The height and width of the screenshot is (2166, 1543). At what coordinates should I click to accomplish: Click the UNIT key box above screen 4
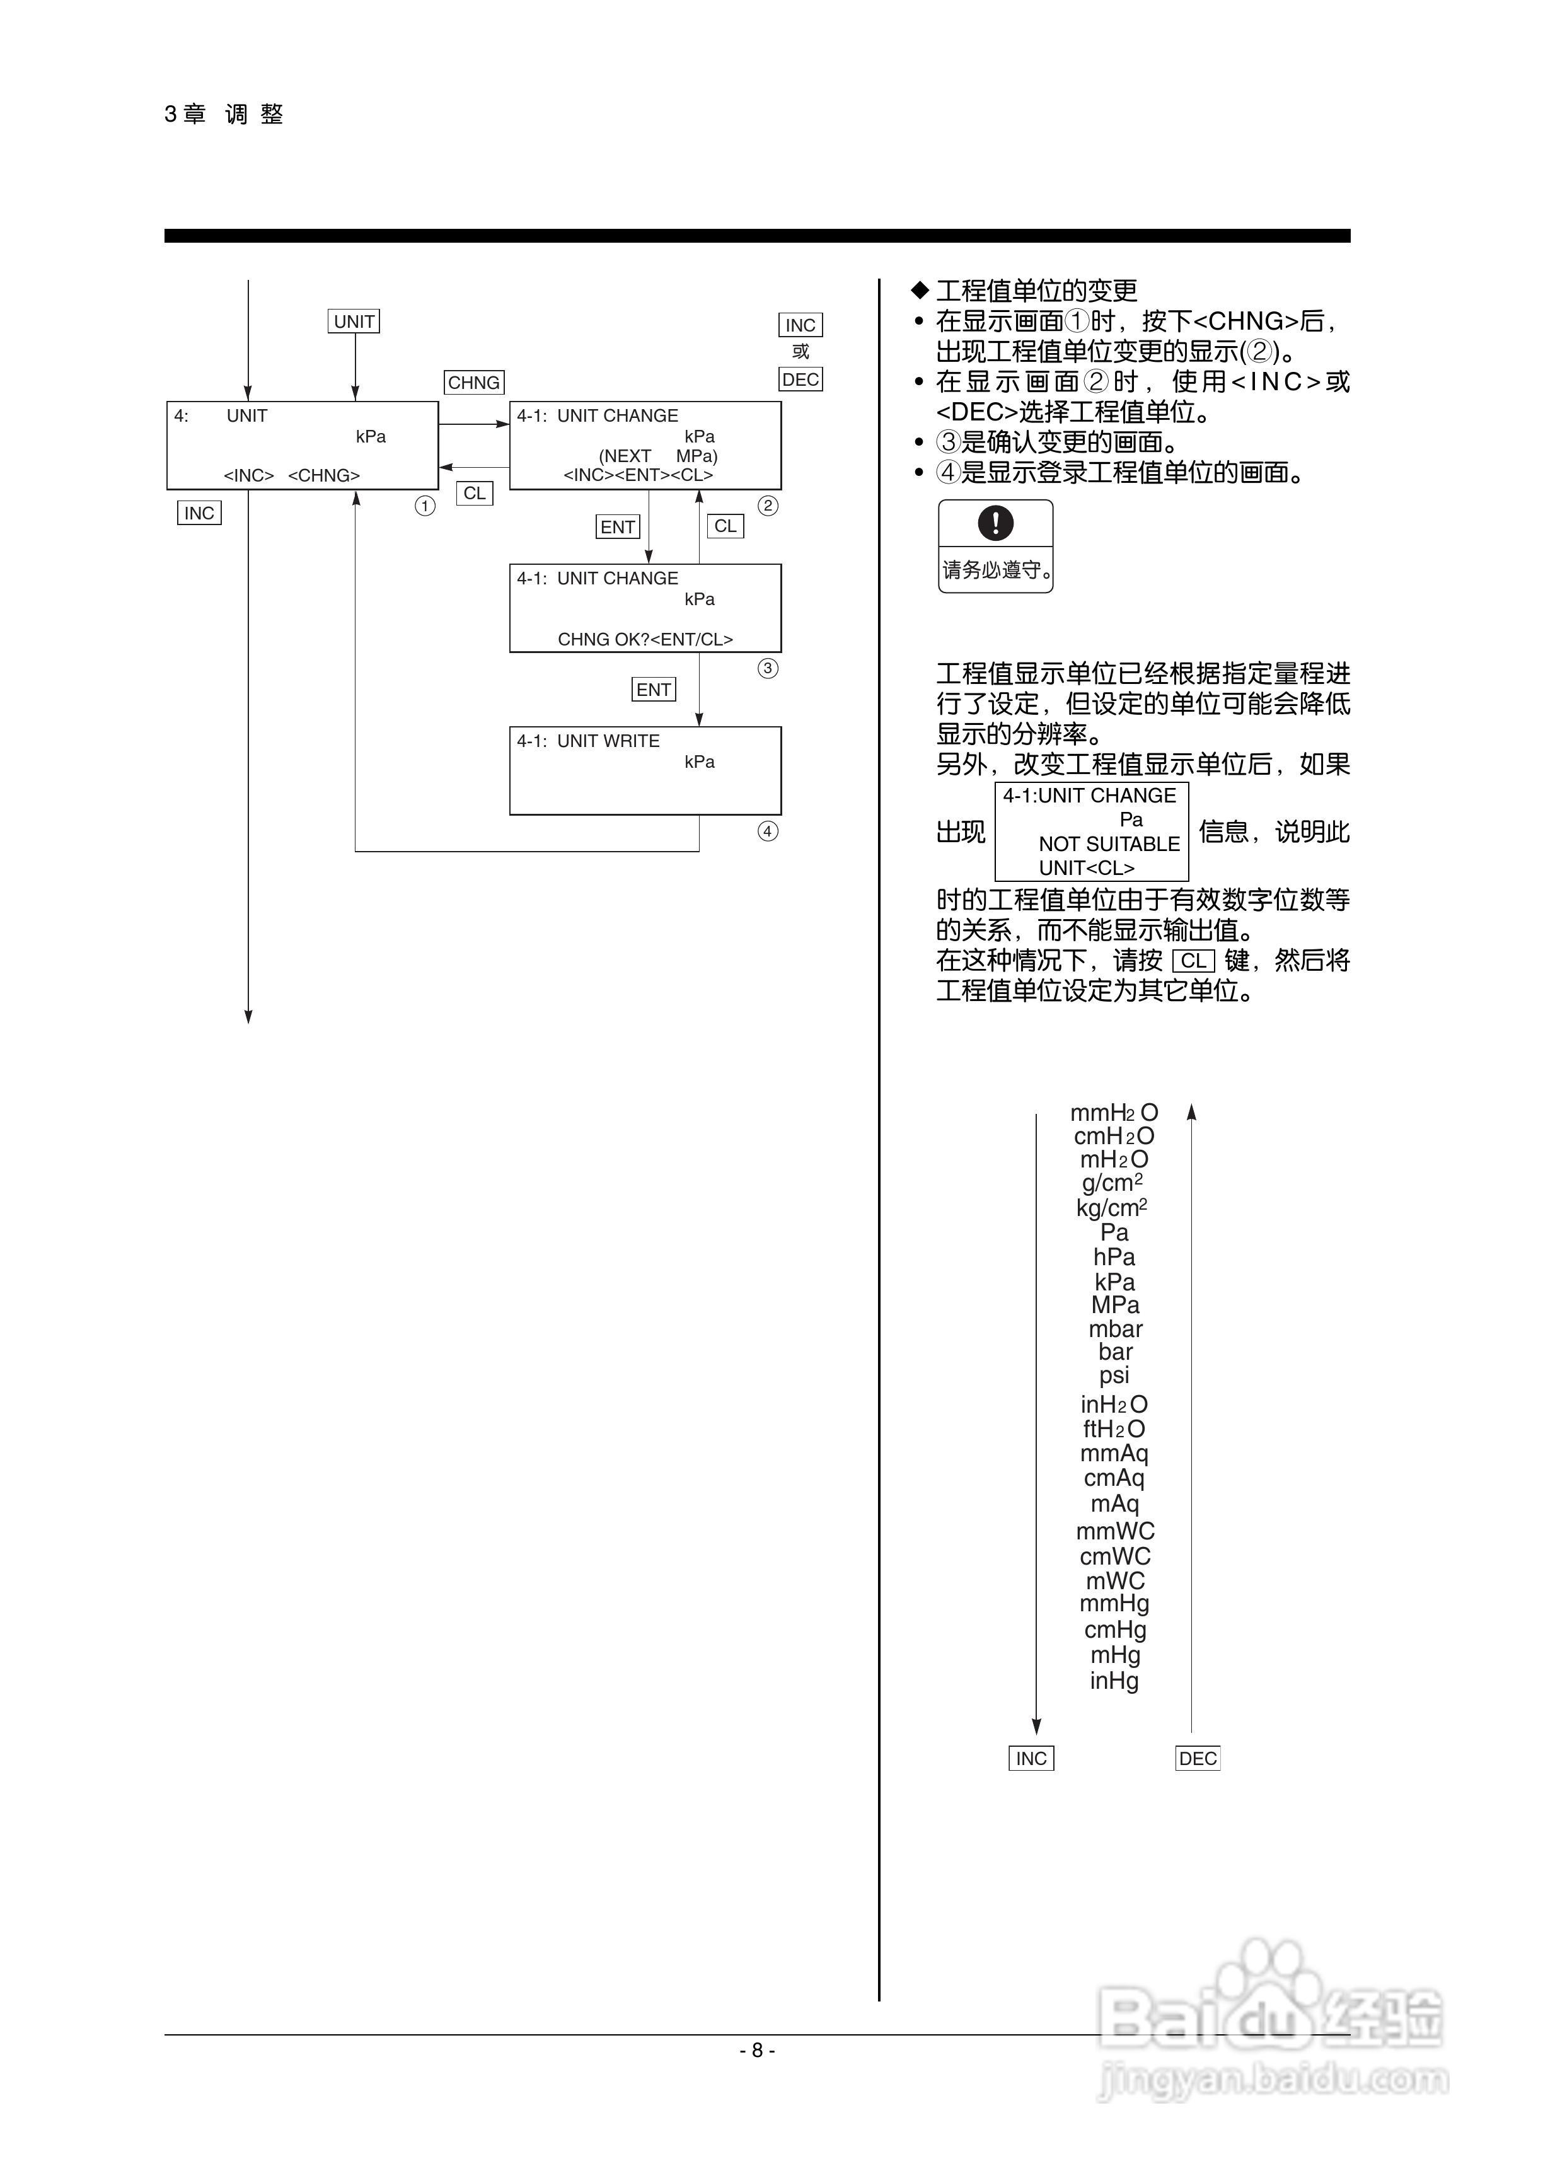click(354, 321)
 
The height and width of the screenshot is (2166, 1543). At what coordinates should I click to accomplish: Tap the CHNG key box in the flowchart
click(473, 382)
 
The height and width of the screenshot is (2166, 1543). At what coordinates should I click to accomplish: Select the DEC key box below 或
click(800, 379)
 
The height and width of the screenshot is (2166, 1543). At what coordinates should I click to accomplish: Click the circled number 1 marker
click(425, 506)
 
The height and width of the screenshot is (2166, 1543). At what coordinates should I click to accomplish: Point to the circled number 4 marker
click(768, 831)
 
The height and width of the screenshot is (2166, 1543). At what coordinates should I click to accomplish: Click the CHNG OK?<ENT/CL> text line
click(645, 639)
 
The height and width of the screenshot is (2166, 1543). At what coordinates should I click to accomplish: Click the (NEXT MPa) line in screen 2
click(657, 456)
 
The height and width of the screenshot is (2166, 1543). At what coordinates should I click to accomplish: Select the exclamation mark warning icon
click(995, 523)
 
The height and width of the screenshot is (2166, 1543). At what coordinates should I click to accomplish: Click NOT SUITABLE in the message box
click(1109, 843)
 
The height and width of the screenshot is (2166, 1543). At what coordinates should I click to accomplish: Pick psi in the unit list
click(1114, 1375)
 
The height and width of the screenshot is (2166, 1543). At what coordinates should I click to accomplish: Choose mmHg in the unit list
click(1114, 1604)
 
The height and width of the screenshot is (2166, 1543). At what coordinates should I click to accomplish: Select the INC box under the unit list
click(1031, 1758)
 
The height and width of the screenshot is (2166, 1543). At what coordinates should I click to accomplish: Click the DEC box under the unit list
click(1197, 1758)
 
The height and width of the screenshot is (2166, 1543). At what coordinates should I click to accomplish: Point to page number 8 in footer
click(757, 2050)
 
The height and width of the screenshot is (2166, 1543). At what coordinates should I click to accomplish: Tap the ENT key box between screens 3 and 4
click(654, 690)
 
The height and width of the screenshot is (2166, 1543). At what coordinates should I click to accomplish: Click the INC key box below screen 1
click(200, 513)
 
